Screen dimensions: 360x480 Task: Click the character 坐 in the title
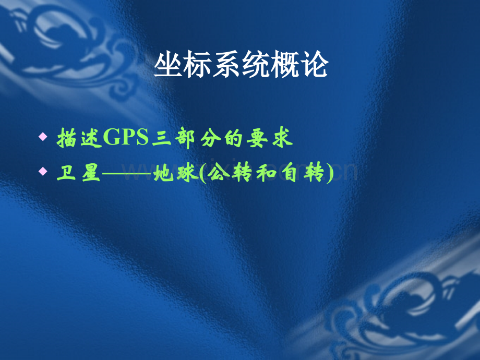(168, 67)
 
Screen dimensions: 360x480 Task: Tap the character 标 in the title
(197, 67)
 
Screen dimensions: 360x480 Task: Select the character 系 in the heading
(226, 67)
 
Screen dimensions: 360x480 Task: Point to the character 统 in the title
(256, 67)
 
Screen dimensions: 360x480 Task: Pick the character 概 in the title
(285, 67)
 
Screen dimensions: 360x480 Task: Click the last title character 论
(314, 67)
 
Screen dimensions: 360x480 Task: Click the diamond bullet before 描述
(43, 137)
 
